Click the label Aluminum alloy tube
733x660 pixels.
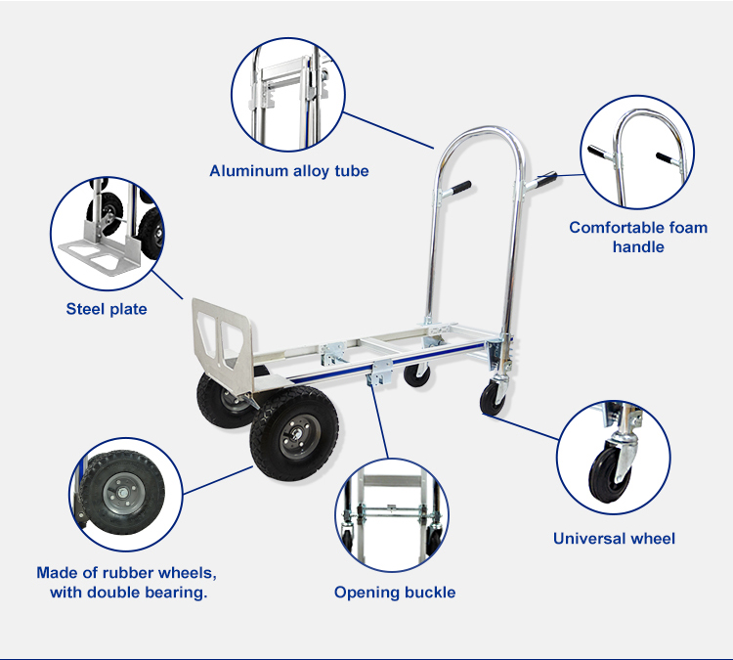tap(289, 171)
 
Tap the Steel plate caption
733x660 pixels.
tap(107, 309)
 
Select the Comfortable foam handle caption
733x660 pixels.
tap(638, 237)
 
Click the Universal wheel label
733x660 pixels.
tap(614, 538)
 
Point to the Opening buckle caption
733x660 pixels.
tap(395, 592)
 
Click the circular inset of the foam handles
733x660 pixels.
tap(637, 153)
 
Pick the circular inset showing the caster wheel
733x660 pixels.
tap(615, 456)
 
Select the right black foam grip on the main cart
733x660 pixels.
tap(543, 180)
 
